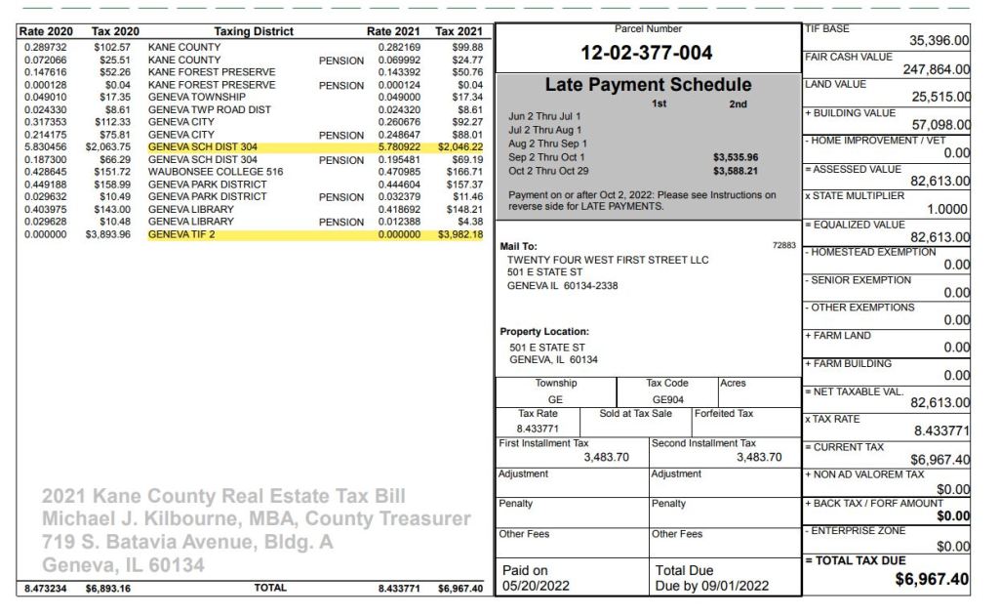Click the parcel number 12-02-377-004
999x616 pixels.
coord(647,53)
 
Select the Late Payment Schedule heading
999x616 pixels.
coord(647,85)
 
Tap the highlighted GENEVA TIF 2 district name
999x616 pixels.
coord(181,234)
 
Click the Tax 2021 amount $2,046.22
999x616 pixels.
coord(460,146)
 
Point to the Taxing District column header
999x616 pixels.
coord(253,32)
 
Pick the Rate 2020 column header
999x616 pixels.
coord(46,32)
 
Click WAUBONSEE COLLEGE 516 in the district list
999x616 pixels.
coord(215,172)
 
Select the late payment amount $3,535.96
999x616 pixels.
coord(736,157)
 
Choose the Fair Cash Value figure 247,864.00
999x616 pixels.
coord(922,69)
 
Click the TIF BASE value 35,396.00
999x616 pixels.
coord(939,41)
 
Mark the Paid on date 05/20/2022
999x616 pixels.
coord(536,586)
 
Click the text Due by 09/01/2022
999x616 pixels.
coord(712,586)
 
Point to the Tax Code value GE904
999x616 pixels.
coord(668,399)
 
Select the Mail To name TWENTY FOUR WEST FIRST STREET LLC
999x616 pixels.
coord(608,260)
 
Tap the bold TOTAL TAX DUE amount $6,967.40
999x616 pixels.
coord(932,580)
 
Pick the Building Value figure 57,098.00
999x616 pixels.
coord(940,125)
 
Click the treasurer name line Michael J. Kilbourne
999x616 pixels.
coord(256,518)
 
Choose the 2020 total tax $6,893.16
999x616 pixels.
coord(108,589)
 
